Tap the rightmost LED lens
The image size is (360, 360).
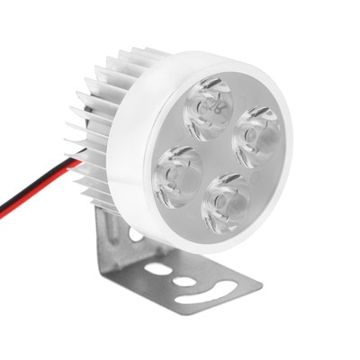(257, 132)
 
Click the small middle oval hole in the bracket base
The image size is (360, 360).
(184, 282)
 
